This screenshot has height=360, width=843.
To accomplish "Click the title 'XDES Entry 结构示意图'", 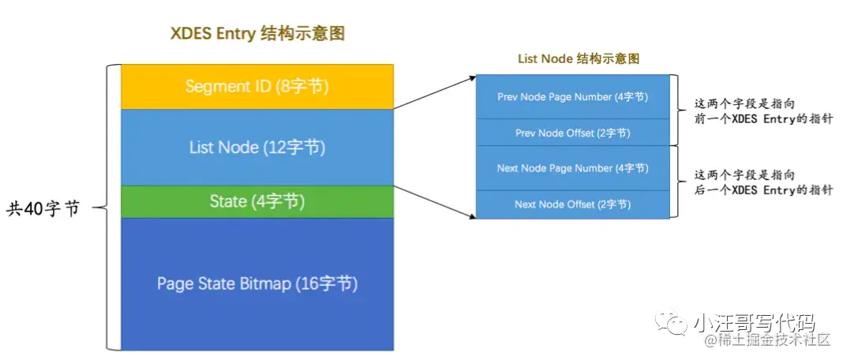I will [x=257, y=34].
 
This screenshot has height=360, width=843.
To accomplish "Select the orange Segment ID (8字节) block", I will [x=257, y=87].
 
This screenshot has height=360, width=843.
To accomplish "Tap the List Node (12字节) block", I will [x=257, y=148].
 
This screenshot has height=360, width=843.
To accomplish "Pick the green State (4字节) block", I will [x=257, y=202].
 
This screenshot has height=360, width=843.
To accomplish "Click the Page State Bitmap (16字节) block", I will [x=257, y=283].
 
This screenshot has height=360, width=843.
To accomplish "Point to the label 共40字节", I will [x=43, y=209].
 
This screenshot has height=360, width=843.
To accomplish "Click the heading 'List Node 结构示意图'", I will [x=578, y=59].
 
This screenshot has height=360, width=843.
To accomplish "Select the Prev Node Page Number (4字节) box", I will [x=572, y=96].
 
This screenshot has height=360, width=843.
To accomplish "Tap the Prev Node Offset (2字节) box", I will [x=572, y=133].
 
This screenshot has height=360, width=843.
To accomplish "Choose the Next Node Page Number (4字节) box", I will [x=572, y=168].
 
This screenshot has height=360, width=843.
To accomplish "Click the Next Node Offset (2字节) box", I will [x=572, y=204].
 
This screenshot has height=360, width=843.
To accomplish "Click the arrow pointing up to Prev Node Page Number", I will [x=434, y=92].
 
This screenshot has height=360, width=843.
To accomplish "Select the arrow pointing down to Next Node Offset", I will [x=434, y=202].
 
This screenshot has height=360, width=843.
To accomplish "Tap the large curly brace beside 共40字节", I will [x=111, y=207].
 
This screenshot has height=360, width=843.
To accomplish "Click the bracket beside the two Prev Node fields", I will [x=676, y=110].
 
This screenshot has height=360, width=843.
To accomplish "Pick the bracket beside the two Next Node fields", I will [x=676, y=181].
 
